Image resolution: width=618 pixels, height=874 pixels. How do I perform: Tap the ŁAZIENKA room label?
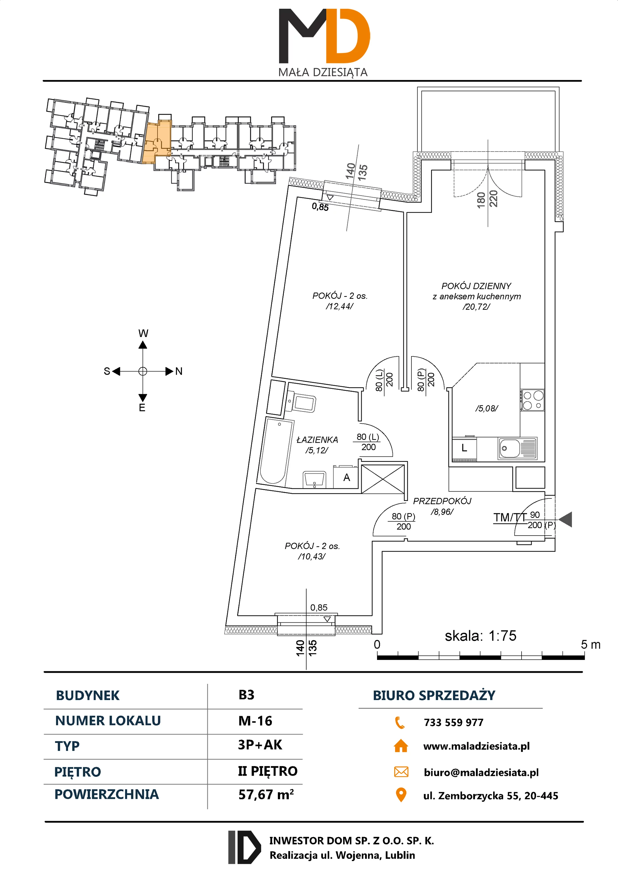(317, 440)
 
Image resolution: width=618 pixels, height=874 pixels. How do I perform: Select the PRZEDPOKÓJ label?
(442, 501)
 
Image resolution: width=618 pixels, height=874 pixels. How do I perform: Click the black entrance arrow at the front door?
(566, 519)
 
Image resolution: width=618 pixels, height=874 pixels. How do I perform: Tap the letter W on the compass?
(143, 333)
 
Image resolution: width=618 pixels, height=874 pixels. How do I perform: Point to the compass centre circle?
(143, 371)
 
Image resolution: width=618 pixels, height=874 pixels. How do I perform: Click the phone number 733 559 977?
(454, 722)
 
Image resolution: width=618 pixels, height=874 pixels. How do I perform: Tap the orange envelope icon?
(401, 772)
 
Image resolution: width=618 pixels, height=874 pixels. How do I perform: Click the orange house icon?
(401, 746)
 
